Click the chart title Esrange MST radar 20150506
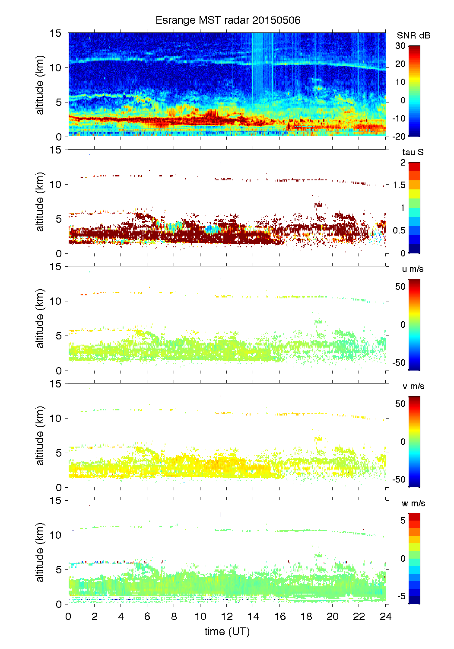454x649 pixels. pyautogui.click(x=228, y=20)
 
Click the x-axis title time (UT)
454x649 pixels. pyautogui.click(x=227, y=632)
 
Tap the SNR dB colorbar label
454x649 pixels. pyautogui.click(x=413, y=35)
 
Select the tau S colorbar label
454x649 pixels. pyautogui.click(x=413, y=152)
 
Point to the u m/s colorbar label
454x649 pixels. pyautogui.click(x=413, y=269)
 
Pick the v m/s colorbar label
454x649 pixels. pyautogui.click(x=413, y=386)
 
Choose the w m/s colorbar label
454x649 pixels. pyautogui.click(x=413, y=503)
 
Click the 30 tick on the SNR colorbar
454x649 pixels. pyautogui.click(x=400, y=46)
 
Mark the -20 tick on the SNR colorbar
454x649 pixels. pyautogui.click(x=399, y=136)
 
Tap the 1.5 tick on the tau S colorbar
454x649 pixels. pyautogui.click(x=399, y=185)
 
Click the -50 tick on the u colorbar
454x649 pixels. pyautogui.click(x=399, y=363)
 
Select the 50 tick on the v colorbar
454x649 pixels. pyautogui.click(x=400, y=404)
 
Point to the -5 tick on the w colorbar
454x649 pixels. pyautogui.click(x=400, y=596)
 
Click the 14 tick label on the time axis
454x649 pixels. pyautogui.click(x=253, y=617)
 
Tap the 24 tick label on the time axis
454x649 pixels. pyautogui.click(x=385, y=617)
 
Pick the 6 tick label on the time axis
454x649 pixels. pyautogui.click(x=147, y=617)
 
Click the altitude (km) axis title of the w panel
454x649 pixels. pyautogui.click(x=40, y=552)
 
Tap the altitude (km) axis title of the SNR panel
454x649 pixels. pyautogui.click(x=40, y=85)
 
